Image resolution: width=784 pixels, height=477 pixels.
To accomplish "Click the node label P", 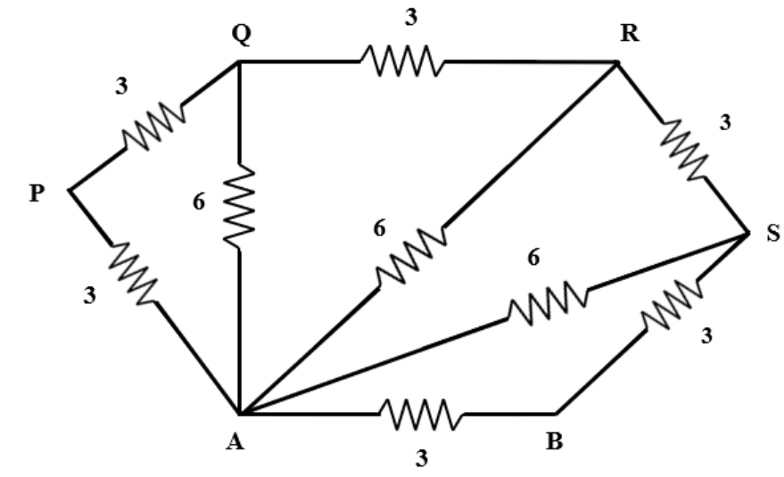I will click(36, 193).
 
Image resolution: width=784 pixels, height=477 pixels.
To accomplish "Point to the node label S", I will click(772, 234).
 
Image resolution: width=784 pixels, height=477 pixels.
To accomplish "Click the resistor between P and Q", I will click(153, 126).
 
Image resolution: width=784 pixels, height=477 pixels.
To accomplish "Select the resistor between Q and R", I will click(399, 62).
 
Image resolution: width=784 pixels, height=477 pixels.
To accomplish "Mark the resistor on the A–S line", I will click(548, 302).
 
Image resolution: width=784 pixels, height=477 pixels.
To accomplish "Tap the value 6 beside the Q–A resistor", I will click(199, 202).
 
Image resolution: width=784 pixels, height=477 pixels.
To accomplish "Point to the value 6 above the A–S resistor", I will click(534, 258).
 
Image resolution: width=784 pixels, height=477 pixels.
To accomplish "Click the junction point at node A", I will click(239, 414).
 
